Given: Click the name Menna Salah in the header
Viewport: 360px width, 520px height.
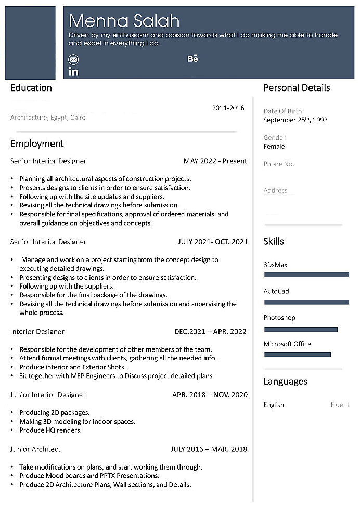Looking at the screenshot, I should [124, 21].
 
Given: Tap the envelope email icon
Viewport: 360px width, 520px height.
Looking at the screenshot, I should [73, 59].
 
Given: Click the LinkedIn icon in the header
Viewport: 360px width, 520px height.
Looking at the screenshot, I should [73, 72].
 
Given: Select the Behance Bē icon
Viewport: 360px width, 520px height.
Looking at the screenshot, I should [192, 59].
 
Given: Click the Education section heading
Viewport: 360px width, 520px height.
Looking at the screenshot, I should [31, 88].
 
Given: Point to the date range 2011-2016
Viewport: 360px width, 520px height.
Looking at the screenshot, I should [228, 108].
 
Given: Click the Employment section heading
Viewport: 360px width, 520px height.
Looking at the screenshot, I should [37, 144].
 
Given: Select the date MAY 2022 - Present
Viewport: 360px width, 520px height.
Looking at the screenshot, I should [215, 161].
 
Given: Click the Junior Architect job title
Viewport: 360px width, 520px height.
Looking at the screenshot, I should [35, 449].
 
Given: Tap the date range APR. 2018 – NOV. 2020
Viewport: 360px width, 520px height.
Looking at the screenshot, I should [210, 395].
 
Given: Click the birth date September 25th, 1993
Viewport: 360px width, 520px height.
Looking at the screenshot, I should [295, 120].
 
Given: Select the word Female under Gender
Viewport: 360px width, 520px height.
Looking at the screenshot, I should [274, 147].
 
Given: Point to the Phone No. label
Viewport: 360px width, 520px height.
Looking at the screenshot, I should [279, 164].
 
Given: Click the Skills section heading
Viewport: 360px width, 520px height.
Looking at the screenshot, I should [274, 241].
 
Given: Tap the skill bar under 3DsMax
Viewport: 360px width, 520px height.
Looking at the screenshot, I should [306, 275].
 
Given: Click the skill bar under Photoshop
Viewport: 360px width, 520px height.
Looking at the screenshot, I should [301, 329].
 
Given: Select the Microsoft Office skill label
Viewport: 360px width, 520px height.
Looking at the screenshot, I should [287, 344].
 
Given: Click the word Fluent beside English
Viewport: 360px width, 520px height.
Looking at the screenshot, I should [340, 405].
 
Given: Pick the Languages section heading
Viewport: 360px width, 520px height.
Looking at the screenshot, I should [286, 382].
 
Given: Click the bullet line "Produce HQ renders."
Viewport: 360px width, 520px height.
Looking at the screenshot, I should [50, 431].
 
